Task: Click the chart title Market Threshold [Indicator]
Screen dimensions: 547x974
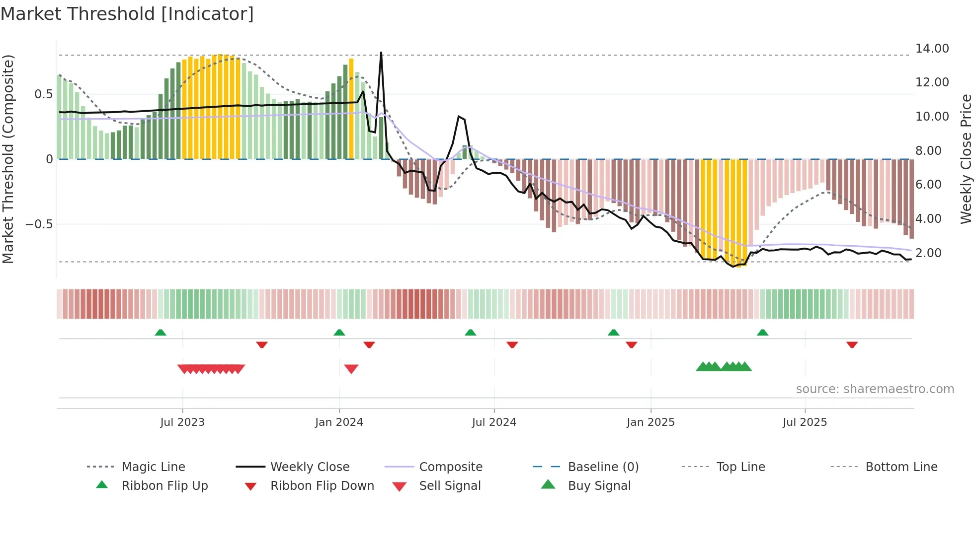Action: point(127,14)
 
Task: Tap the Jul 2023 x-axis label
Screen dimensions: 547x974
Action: point(182,422)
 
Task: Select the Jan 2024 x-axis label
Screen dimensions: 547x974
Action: point(339,422)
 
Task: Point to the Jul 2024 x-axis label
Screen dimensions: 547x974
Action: point(494,422)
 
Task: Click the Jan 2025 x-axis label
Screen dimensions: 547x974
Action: point(650,422)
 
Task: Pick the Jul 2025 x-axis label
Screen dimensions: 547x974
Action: point(805,422)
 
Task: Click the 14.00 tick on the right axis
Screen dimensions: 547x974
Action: point(932,49)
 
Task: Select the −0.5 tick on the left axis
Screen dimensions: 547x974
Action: point(39,224)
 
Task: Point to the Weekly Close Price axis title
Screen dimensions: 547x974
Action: point(966,159)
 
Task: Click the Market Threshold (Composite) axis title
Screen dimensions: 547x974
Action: point(8,159)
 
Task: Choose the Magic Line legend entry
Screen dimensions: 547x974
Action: point(153,467)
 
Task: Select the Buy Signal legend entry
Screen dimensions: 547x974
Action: point(599,486)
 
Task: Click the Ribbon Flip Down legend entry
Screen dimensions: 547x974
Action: point(322,486)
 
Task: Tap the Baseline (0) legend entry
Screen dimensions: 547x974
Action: point(603,467)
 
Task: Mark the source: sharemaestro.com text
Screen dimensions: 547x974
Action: point(875,389)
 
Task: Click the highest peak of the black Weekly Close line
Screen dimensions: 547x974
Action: point(381,53)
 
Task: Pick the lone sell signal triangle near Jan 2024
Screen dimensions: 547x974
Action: point(351,369)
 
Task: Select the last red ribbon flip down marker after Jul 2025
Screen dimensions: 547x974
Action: point(852,344)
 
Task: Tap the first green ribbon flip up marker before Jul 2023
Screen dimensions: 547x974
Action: point(161,333)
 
